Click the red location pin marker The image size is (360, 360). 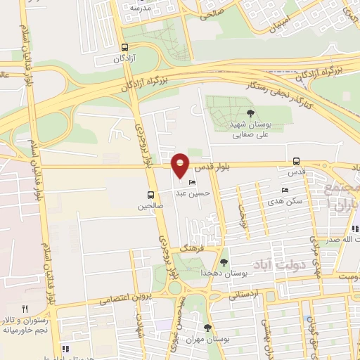pyautogui.click(x=181, y=166)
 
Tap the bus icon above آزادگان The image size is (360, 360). pyautogui.click(x=124, y=48)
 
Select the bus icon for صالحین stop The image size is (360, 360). pyautogui.click(x=150, y=195)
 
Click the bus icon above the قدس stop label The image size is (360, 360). pyautogui.click(x=297, y=161)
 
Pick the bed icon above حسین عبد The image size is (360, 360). pyautogui.click(x=193, y=183)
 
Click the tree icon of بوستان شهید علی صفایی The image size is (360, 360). pyautogui.click(x=250, y=112)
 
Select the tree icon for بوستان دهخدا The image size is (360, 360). pyautogui.click(x=224, y=262)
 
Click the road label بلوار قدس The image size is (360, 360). pyautogui.click(x=229, y=167)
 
